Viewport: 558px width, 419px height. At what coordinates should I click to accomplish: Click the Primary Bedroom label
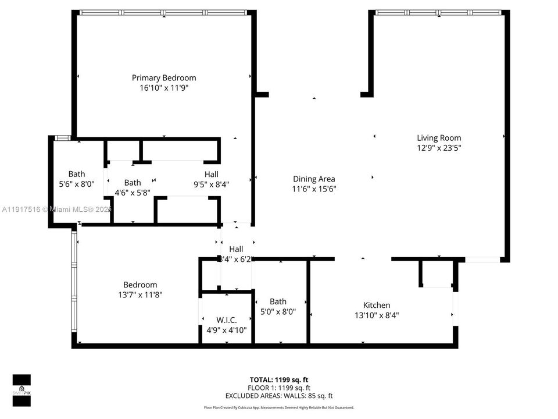[x=163, y=77]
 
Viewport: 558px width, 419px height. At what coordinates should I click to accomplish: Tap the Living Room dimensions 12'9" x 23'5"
[x=439, y=148]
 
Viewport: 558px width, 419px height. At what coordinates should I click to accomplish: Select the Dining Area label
[x=313, y=179]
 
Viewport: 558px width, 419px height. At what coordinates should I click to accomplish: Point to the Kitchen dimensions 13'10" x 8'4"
[x=376, y=315]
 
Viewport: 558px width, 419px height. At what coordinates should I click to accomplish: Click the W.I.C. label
[x=226, y=319]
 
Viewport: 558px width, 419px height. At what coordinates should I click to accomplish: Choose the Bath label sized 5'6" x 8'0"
[x=77, y=173]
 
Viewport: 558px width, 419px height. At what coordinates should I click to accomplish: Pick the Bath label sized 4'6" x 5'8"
[x=132, y=182]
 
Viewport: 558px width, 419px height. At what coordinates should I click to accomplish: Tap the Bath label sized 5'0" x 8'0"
[x=277, y=301]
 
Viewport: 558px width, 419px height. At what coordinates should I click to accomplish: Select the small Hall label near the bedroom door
[x=235, y=249]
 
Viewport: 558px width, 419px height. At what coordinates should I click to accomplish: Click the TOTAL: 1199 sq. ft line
[x=279, y=379]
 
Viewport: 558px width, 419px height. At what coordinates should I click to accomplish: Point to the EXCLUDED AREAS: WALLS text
[x=279, y=396]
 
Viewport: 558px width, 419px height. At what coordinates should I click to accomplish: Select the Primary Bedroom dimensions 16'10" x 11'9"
[x=163, y=88]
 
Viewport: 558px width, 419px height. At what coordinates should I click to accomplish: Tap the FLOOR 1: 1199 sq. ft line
[x=279, y=388]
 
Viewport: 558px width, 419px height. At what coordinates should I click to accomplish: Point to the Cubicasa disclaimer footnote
[x=278, y=407]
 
